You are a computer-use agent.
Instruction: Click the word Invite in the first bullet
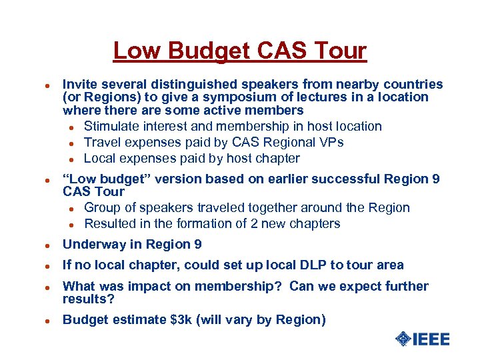[x=79, y=84]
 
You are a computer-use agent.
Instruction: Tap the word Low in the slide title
[x=135, y=51]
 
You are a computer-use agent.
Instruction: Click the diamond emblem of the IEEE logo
[x=403, y=339]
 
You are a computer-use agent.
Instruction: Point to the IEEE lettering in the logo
[x=431, y=339]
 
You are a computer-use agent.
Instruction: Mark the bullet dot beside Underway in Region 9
[x=41, y=245]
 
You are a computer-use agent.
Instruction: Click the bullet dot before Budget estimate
[x=41, y=321]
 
